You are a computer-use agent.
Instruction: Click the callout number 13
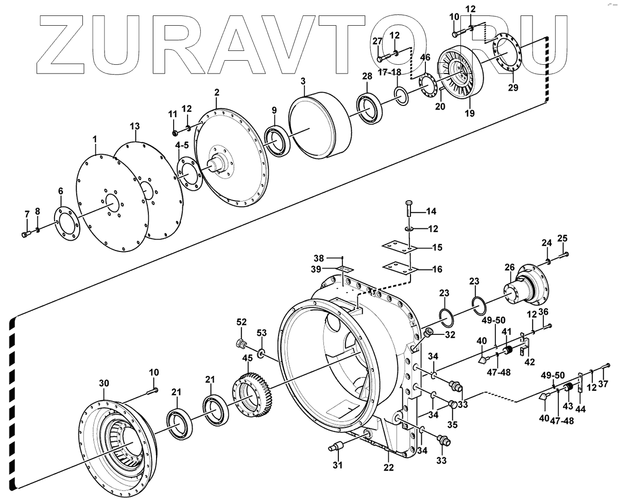tap(134, 126)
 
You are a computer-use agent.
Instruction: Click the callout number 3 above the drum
tap(303, 81)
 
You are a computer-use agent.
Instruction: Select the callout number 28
tap(366, 77)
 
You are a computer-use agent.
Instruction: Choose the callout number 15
tap(437, 248)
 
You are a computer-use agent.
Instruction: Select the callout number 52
tap(242, 321)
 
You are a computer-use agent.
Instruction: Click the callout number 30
tap(104, 383)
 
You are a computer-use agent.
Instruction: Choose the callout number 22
tap(388, 468)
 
